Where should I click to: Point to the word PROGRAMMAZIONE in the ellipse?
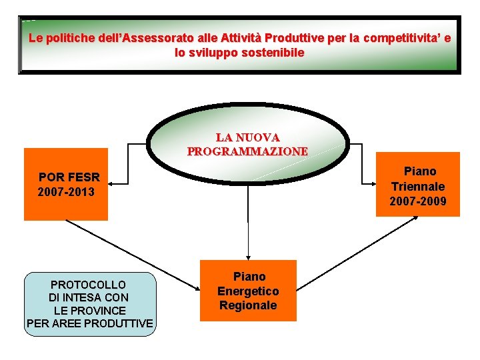point(247,151)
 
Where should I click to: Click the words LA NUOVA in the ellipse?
point(247,137)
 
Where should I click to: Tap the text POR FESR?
point(69,177)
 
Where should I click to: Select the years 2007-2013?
point(67,192)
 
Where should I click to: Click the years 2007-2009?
point(418,201)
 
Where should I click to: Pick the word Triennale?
point(418,186)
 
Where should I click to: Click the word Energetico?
point(248,291)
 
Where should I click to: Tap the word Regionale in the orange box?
point(248,305)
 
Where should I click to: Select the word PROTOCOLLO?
point(89,284)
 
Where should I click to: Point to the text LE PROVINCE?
point(89,311)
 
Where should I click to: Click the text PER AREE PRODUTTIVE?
point(89,324)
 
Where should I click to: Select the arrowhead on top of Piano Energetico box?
point(248,256)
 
